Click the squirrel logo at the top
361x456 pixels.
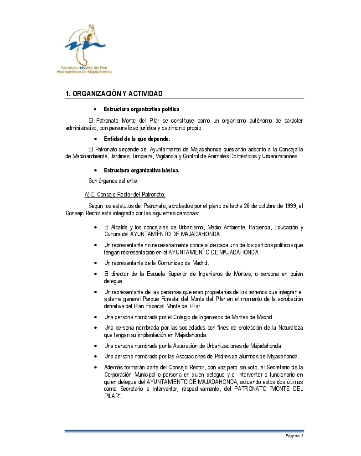point(85,43)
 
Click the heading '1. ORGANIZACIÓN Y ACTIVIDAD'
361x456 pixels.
point(114,94)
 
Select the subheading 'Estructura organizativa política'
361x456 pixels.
point(141,109)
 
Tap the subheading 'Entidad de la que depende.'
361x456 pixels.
point(137,139)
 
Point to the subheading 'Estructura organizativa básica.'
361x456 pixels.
point(141,171)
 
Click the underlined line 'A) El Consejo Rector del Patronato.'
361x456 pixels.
point(122,195)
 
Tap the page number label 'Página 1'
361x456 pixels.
point(294,435)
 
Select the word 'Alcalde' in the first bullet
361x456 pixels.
point(119,228)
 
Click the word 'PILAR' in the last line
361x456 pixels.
point(112,397)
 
